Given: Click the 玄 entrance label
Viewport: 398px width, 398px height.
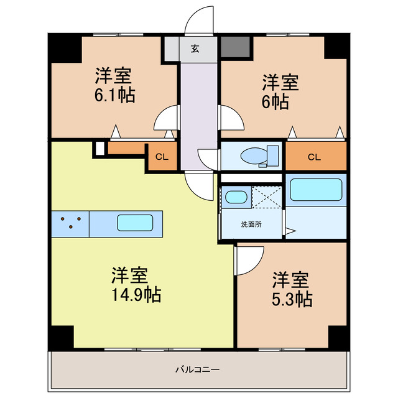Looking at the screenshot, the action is click(x=195, y=49).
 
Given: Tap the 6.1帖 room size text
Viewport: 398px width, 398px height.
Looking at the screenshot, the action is click(x=114, y=95).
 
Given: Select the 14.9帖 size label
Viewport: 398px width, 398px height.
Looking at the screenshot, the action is click(x=136, y=294).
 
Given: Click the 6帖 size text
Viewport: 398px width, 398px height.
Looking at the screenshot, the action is click(x=275, y=101).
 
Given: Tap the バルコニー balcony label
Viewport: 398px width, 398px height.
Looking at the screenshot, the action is click(x=198, y=369).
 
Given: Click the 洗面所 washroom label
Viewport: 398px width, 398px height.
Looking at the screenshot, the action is click(x=251, y=224).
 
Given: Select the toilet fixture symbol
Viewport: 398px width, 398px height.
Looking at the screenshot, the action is click(x=259, y=156).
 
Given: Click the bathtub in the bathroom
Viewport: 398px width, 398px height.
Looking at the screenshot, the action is click(x=316, y=190).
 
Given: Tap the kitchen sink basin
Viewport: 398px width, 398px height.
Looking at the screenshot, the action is click(x=135, y=223).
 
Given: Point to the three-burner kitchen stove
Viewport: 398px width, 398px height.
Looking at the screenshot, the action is click(x=70, y=224).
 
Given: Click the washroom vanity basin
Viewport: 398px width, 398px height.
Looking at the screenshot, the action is click(x=236, y=197).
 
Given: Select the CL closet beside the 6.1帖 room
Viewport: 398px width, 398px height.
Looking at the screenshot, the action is click(x=162, y=157).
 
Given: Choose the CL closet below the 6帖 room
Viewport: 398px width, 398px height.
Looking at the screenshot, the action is click(x=316, y=156).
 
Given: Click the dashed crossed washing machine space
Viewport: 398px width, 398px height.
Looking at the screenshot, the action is click(x=267, y=197).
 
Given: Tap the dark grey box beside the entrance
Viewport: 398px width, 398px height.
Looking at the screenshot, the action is click(x=235, y=47).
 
